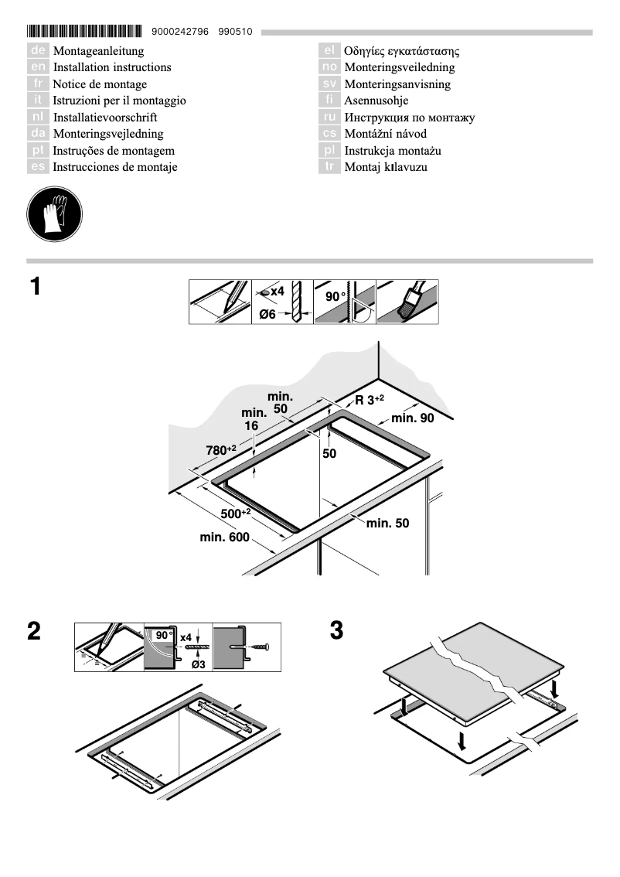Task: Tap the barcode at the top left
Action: tap(85, 32)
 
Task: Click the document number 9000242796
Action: tap(180, 32)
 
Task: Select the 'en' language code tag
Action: tap(38, 67)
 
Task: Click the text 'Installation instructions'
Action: tap(111, 67)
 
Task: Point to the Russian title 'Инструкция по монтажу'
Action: tap(409, 118)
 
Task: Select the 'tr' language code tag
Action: tap(329, 167)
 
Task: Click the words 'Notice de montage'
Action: tap(99, 84)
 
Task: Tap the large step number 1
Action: tap(35, 287)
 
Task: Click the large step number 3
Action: tap(336, 630)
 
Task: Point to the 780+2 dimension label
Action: tap(220, 449)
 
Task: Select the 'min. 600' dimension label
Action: tap(224, 537)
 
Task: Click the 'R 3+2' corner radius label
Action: tap(370, 399)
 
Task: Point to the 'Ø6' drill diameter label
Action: tap(268, 314)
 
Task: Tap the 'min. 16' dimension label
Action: tap(254, 418)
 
